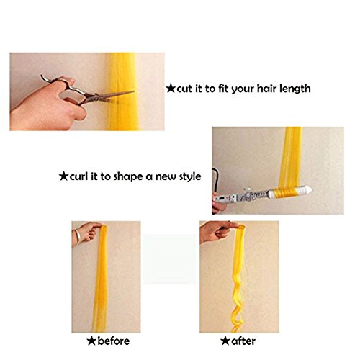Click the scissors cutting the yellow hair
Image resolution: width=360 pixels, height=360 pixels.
[x=86, y=92]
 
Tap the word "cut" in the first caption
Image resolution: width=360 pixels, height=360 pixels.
[x=184, y=89]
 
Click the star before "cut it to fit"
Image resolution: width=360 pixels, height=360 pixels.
[x=171, y=89]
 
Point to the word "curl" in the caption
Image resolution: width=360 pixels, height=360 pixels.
[x=78, y=176]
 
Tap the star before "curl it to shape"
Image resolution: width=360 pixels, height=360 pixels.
[x=64, y=176]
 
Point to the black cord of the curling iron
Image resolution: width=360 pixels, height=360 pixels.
[x=214, y=179]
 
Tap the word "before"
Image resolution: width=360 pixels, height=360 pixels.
[x=114, y=341]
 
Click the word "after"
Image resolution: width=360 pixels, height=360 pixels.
[x=243, y=341]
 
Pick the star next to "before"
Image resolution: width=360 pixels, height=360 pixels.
[x=91, y=341]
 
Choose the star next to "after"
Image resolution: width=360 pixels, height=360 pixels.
[x=225, y=341]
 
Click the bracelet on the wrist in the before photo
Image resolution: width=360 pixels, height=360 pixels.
[x=77, y=236]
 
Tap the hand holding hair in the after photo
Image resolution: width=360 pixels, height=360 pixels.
[x=218, y=231]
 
